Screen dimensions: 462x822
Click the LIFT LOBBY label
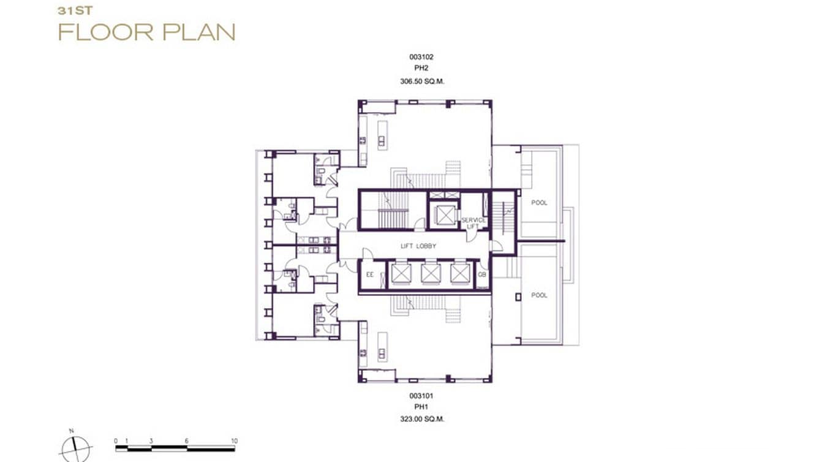[418, 246]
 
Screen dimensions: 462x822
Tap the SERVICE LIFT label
[473, 223]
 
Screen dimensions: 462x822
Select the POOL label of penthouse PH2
[539, 203]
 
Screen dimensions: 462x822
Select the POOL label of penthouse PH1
[539, 295]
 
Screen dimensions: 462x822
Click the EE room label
[369, 275]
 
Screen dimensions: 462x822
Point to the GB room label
[482, 275]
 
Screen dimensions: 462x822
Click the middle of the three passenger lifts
[430, 274]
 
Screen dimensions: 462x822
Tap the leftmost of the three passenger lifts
[401, 274]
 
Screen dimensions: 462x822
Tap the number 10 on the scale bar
[234, 441]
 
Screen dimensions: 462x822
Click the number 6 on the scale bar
[187, 441]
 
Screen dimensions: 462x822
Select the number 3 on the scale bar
[151, 441]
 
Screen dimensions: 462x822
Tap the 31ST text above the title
[70, 10]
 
